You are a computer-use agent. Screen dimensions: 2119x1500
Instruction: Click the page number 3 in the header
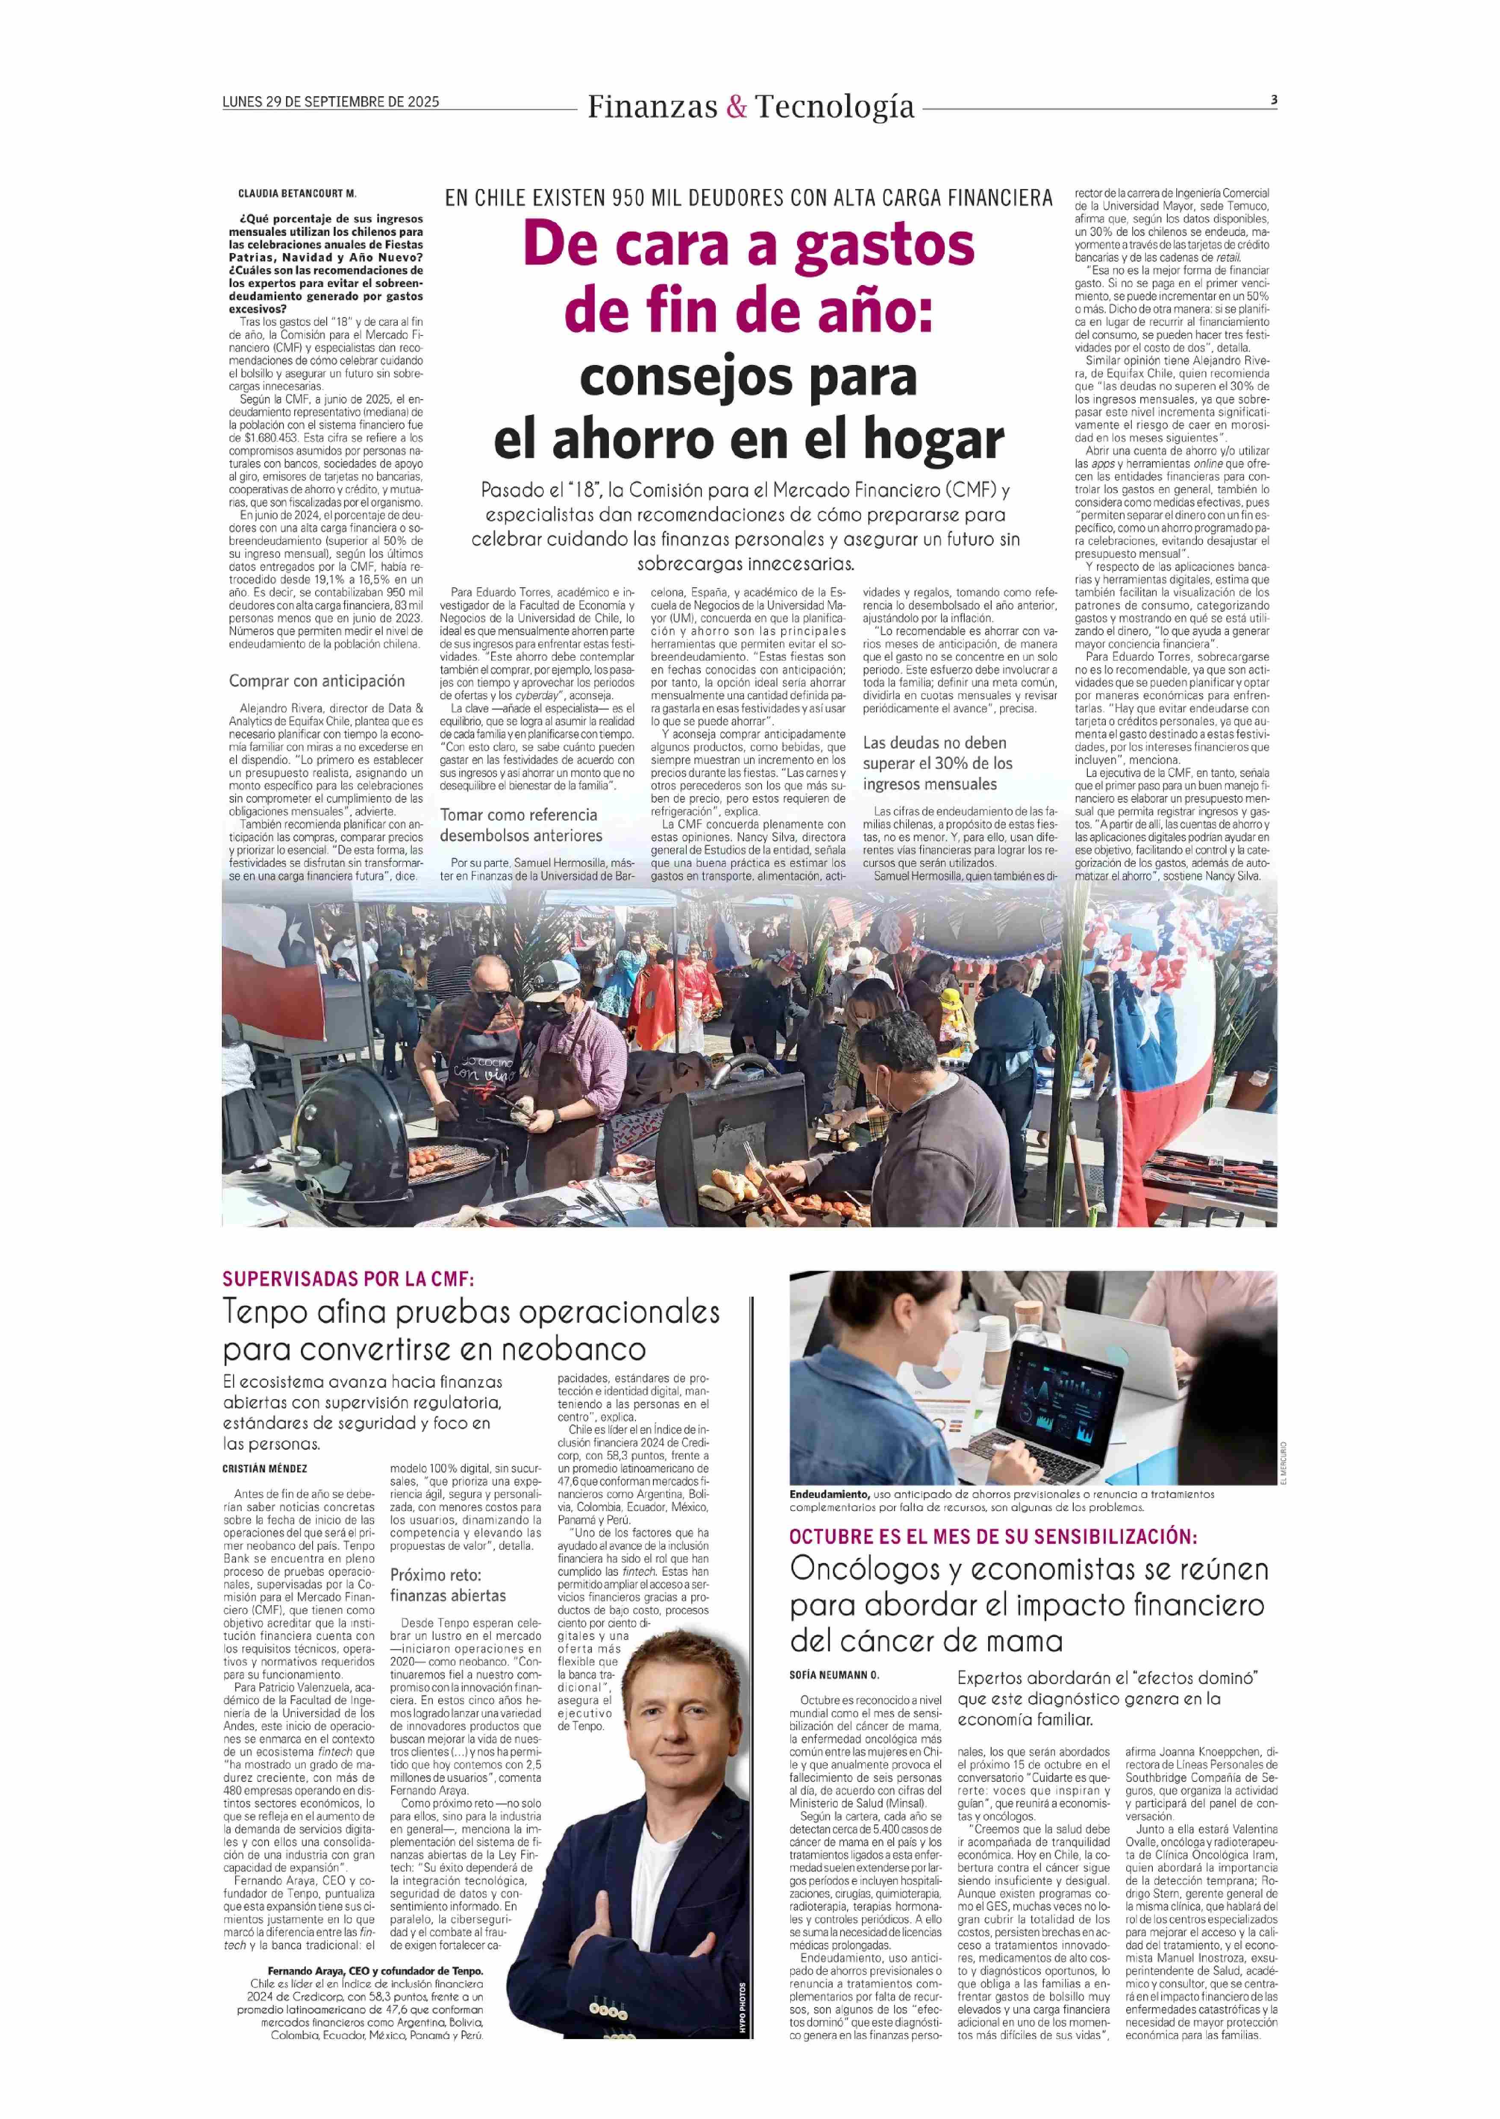click(1274, 100)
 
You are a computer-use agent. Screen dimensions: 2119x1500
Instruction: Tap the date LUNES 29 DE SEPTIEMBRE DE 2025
click(331, 102)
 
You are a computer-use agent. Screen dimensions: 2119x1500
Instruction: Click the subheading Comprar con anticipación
click(317, 680)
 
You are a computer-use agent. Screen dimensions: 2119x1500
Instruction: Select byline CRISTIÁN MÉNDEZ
click(265, 1468)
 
